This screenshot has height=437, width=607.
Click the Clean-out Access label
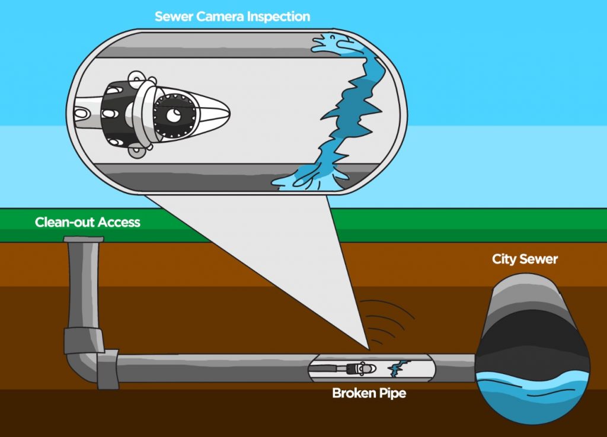coord(88,223)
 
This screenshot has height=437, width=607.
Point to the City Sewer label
coord(525,259)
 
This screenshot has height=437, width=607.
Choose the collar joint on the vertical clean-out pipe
coord(83,339)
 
